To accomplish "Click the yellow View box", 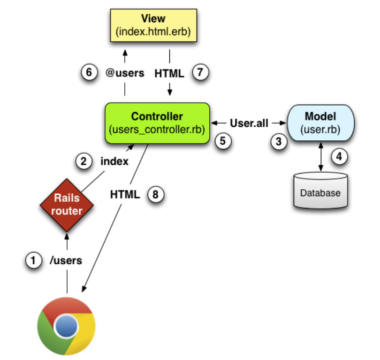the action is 153,25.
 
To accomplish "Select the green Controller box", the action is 157,123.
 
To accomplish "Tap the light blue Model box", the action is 320,123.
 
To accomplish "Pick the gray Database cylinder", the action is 320,190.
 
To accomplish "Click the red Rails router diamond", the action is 67,205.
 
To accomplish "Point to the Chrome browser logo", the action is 67,326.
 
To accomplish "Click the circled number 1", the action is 33,260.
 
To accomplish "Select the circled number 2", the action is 84,161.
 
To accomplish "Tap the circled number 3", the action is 279,142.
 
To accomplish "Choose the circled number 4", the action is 339,157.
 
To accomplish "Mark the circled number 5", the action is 223,141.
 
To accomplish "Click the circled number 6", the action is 89,72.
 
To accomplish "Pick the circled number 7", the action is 200,72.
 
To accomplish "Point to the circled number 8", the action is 156,194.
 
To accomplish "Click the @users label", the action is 125,73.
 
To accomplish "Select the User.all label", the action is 249,123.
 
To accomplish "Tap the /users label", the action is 66,260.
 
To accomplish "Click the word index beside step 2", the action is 114,161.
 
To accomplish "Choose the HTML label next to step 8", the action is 125,194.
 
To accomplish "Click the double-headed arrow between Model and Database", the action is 321,157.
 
